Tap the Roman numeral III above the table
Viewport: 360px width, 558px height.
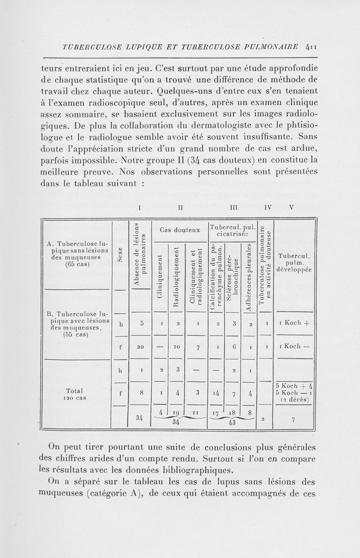pos(234,209)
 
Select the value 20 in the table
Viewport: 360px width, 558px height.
pos(141,347)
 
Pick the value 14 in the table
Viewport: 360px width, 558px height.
pos(217,392)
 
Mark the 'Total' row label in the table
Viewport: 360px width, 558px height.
pos(74,390)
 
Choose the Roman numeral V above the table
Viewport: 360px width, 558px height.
pos(291,209)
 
